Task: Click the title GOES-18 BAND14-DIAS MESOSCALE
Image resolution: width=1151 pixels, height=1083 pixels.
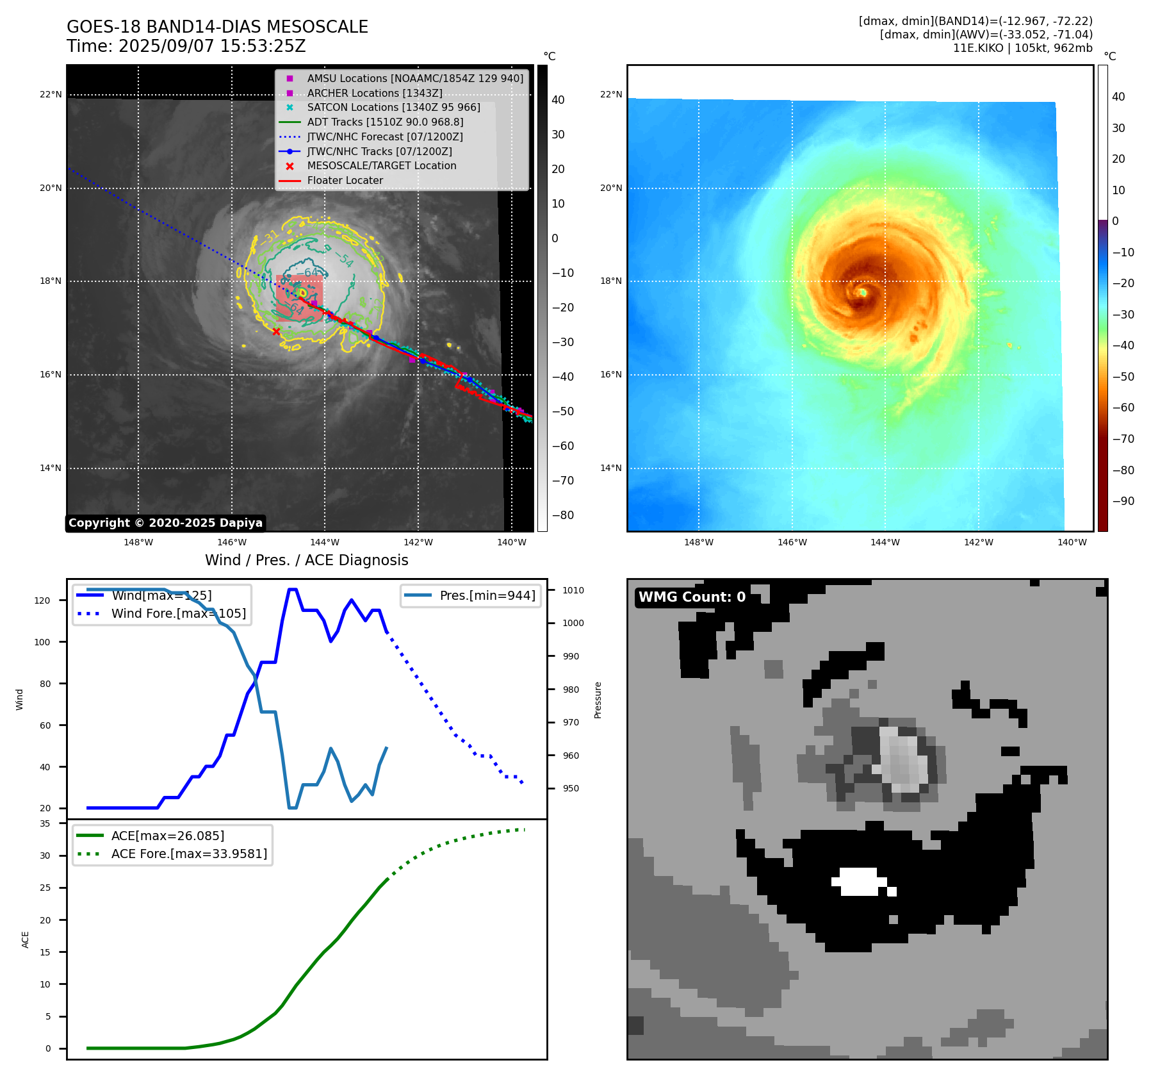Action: pos(217,27)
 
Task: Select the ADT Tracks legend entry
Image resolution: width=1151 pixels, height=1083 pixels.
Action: pos(385,122)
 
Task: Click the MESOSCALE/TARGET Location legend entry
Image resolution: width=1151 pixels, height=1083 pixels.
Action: pos(381,165)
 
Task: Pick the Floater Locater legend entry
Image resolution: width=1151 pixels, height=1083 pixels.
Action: pos(345,180)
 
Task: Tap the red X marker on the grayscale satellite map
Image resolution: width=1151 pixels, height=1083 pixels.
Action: pos(276,331)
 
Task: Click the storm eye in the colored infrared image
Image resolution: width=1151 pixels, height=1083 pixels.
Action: pos(863,292)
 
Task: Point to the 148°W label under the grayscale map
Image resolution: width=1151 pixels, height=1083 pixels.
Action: pos(138,542)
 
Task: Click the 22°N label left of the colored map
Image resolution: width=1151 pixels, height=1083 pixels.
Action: pos(610,94)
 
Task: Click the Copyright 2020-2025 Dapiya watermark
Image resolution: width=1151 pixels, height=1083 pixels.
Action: pos(165,523)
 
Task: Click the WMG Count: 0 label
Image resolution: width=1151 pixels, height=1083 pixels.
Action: pos(692,597)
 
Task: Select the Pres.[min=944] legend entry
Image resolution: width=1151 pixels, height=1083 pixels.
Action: pos(487,595)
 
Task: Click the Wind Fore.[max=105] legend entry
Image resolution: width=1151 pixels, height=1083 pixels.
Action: pos(178,613)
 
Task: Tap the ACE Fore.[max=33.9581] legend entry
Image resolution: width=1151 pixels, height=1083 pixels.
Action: pos(189,854)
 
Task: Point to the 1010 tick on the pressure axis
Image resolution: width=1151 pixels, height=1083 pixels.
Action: pos(573,590)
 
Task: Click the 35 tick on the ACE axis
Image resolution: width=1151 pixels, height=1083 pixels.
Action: pos(45,823)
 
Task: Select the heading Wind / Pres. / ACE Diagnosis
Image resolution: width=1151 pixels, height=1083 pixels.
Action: pos(306,560)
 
